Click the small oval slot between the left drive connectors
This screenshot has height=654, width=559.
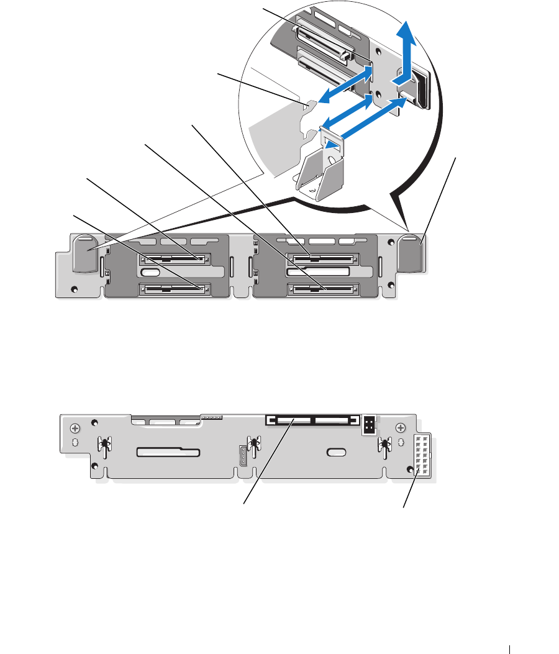[x=151, y=273]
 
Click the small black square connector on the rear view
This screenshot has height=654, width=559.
[x=370, y=424]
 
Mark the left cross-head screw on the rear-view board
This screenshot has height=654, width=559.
[x=75, y=429]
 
